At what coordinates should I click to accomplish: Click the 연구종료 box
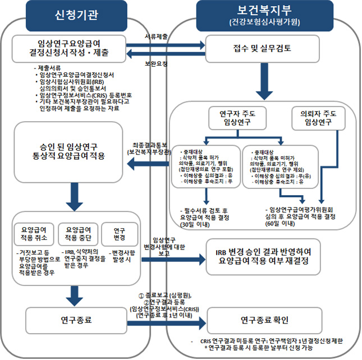click(x=73, y=320)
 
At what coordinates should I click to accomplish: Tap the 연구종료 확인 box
click(x=264, y=320)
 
